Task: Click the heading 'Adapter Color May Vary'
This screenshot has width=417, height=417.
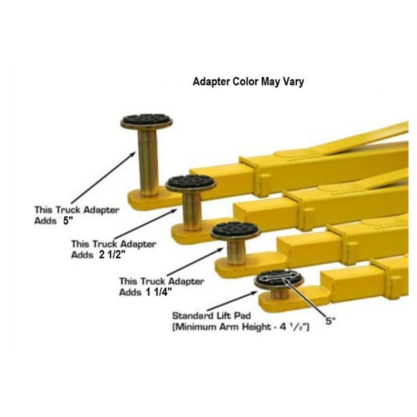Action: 248,82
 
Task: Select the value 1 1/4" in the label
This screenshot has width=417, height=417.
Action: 156,292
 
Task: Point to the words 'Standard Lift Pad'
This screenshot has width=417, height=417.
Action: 211,316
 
